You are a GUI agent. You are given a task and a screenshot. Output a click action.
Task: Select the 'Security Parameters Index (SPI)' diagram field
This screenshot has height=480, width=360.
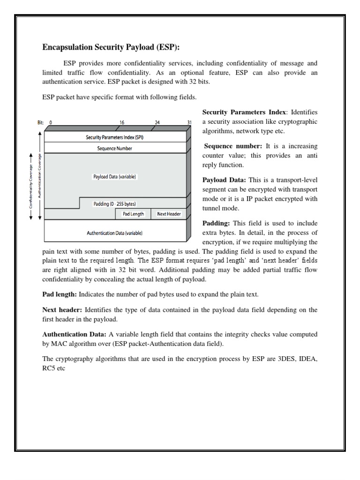[115, 137]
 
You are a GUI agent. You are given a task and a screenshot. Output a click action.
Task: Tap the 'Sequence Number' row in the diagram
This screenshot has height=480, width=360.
[115, 148]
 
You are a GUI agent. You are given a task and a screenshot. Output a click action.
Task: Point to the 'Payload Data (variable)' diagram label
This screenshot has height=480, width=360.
[115, 177]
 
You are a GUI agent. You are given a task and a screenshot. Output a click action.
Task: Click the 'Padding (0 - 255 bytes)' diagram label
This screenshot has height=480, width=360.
[115, 204]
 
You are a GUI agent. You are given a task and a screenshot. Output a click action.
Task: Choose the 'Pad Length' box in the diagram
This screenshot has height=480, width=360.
[133, 214]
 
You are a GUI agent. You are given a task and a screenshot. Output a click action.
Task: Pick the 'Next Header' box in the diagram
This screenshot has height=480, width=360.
[169, 214]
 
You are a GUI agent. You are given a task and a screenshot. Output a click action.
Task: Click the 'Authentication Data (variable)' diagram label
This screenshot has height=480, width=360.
[115, 232]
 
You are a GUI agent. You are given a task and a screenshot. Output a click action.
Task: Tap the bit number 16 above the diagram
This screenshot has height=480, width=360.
[121, 122]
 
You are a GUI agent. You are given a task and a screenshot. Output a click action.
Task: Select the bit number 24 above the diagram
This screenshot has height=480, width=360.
[157, 122]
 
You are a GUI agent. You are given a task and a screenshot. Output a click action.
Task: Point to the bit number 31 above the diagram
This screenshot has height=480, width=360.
[189, 122]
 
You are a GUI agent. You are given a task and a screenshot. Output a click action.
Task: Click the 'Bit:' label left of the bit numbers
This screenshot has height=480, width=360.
[41, 122]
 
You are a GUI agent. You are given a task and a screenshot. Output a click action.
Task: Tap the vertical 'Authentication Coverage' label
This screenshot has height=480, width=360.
[39, 176]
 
